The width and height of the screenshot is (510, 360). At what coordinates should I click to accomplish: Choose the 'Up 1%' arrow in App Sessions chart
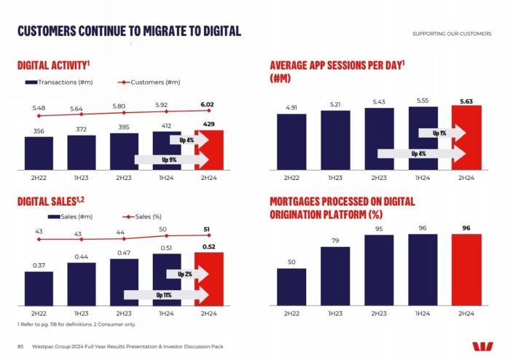click(x=442, y=133)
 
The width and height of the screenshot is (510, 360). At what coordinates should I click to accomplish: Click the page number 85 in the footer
click(x=21, y=345)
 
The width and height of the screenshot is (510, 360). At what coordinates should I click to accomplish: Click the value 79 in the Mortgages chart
click(x=335, y=241)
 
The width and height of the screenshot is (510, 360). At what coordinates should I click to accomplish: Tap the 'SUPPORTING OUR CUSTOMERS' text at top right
click(x=451, y=34)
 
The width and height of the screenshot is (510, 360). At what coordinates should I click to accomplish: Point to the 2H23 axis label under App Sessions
click(x=379, y=178)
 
